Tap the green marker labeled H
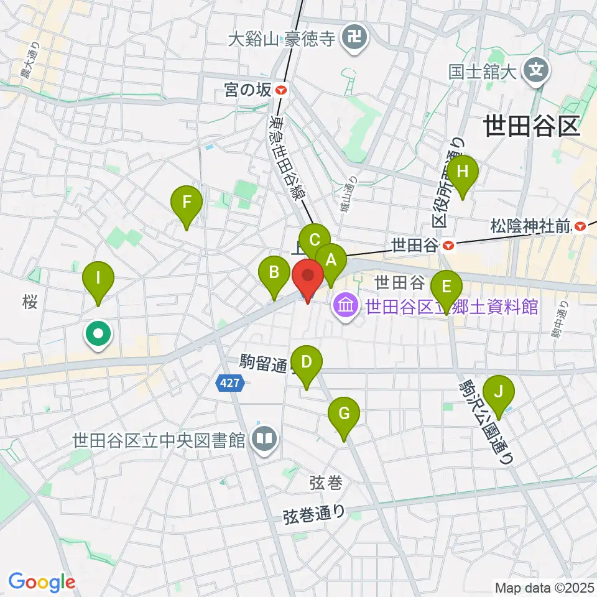point(462,172)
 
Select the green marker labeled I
point(97,278)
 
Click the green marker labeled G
point(345,414)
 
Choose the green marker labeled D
point(306,363)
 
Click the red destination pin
point(307,277)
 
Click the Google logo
point(42,581)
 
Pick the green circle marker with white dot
point(98,335)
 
